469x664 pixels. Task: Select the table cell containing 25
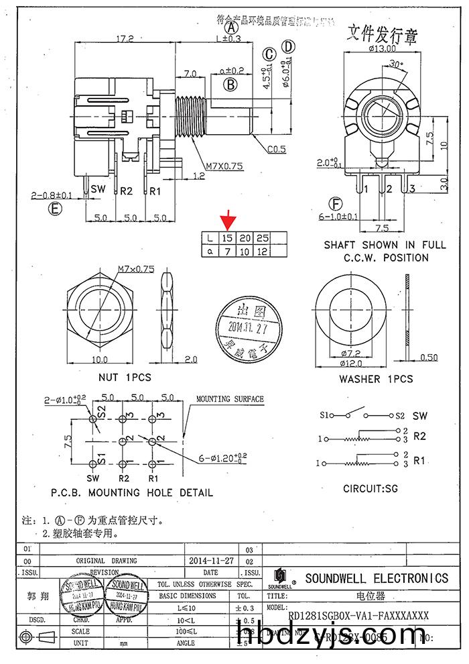263,237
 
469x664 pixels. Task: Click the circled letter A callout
232,28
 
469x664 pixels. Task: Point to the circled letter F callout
335,205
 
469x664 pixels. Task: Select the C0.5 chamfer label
277,149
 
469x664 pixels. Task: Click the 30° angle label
396,64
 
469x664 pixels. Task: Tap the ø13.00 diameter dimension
382,48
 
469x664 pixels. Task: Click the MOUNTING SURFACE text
230,399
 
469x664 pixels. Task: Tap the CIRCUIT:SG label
371,488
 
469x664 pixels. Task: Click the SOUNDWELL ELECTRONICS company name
377,578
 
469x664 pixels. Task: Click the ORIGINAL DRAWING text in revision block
106,561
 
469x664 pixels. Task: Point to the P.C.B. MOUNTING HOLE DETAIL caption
132,492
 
